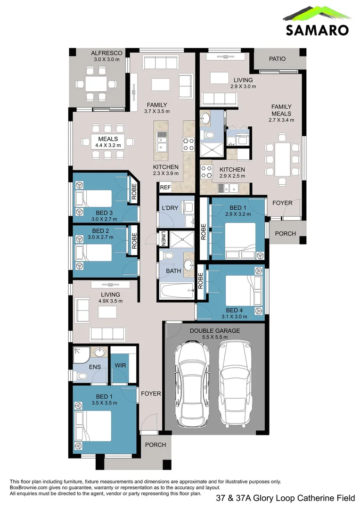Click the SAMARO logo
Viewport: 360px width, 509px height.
coord(317,21)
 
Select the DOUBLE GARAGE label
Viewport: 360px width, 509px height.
coord(215,331)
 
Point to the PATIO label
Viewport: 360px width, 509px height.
coord(278,59)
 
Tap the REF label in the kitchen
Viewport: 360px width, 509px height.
coord(165,188)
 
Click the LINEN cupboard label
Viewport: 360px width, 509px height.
coord(163,238)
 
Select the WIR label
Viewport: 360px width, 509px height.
coord(120,365)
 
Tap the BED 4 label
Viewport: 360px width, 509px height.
coord(235,310)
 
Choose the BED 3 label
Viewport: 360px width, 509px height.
coord(101,213)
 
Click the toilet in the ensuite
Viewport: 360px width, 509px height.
coord(82,376)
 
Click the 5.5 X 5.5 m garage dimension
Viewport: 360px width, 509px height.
coord(215,337)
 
